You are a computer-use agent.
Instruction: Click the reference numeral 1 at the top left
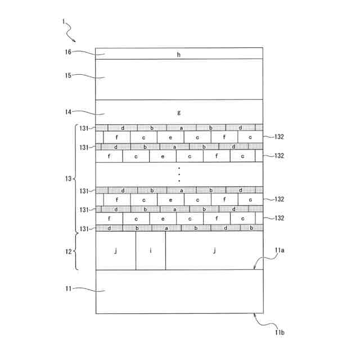pos(64,23)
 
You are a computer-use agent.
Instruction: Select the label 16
pos(67,52)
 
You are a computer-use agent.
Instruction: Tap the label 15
pos(67,75)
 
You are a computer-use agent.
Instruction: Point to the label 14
pos(67,112)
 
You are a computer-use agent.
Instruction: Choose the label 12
pos(67,251)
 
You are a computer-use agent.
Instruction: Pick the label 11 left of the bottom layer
pos(67,289)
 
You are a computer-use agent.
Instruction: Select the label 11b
pos(280,333)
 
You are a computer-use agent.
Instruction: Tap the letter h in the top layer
pos(179,55)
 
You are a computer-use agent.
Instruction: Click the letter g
pos(179,112)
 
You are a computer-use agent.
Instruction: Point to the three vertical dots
pos(179,174)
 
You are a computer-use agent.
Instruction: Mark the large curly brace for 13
pos(76,179)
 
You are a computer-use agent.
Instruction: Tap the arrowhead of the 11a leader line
pos(255,269)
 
